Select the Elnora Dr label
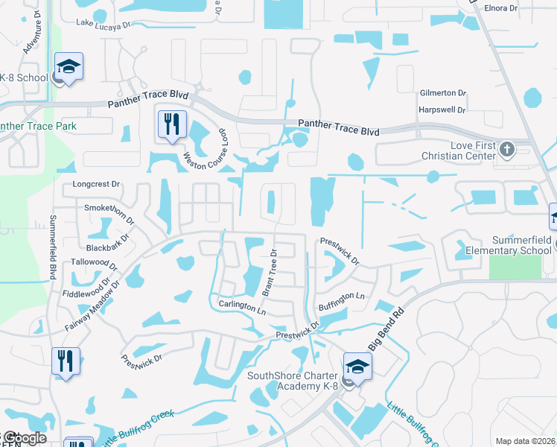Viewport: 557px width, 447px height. pos(500,8)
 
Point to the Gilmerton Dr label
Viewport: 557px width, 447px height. pos(442,94)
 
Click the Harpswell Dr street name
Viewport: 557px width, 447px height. pos(442,110)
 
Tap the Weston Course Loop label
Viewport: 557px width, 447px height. pos(206,149)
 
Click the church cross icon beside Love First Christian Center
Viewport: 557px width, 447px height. pos(506,148)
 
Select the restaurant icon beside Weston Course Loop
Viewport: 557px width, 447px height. pos(172,124)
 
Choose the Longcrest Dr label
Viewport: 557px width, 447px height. pos(96,183)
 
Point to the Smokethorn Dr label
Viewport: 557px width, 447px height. pos(109,212)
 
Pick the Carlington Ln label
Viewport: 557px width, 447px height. pos(242,306)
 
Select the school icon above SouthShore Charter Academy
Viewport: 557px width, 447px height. pos(357,367)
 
